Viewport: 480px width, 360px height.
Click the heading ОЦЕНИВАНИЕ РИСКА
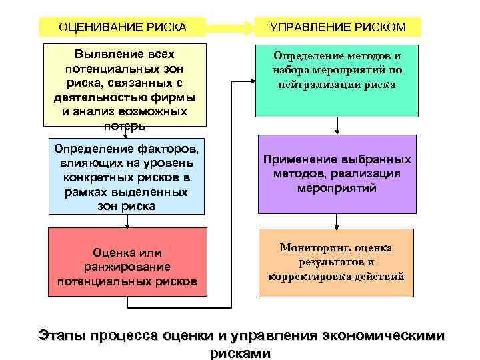point(123,27)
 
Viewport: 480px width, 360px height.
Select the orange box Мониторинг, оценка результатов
point(337,262)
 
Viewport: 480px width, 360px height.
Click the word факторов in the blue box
point(169,145)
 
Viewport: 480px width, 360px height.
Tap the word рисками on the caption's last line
point(240,353)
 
